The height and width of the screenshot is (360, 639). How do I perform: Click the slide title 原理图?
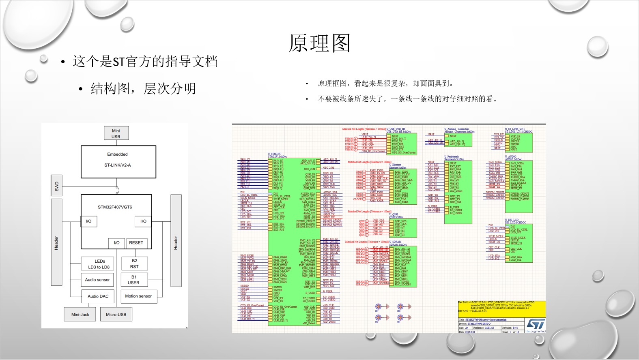tap(319, 43)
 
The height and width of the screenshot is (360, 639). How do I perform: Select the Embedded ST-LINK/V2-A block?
tap(118, 162)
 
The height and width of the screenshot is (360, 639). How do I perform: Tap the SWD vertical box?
tap(56, 186)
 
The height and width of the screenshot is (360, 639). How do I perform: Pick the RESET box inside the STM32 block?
tap(136, 243)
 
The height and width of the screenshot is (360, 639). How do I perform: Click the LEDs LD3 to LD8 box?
tap(98, 264)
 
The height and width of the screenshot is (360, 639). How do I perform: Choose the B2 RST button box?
tap(134, 264)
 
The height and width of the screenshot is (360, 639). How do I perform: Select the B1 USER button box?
tap(134, 280)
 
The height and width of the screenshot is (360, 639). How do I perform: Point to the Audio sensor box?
tap(97, 280)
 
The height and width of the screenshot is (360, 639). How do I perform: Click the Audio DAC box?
tap(98, 296)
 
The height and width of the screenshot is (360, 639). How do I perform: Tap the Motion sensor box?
tap(138, 296)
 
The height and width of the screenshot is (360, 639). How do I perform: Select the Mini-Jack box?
tap(80, 315)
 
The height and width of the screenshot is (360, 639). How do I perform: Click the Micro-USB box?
tap(116, 315)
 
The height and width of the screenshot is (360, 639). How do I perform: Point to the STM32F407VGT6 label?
tap(115, 207)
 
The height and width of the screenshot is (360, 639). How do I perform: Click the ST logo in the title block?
tap(536, 324)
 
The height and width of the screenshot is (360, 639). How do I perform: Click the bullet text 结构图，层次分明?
tap(143, 88)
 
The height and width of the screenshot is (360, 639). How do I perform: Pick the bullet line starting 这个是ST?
tap(145, 62)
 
